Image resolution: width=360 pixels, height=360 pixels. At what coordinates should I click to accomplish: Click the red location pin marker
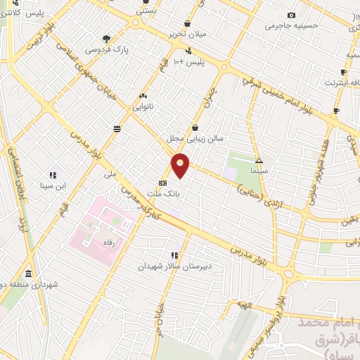[x=181, y=165]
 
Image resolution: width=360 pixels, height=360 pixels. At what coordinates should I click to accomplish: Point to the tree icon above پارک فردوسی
[x=106, y=39]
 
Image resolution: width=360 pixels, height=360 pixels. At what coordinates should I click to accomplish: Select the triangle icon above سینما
[x=259, y=160]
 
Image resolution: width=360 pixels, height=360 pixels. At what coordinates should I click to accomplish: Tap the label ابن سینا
[x=53, y=186]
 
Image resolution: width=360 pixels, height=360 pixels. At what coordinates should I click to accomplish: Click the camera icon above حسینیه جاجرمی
[x=292, y=15]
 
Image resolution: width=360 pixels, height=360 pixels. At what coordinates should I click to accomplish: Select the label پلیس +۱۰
[x=188, y=61]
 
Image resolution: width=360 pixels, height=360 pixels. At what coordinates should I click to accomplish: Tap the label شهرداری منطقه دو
[x=28, y=283]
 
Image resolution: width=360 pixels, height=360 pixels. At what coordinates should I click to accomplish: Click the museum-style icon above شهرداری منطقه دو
[x=28, y=273]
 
